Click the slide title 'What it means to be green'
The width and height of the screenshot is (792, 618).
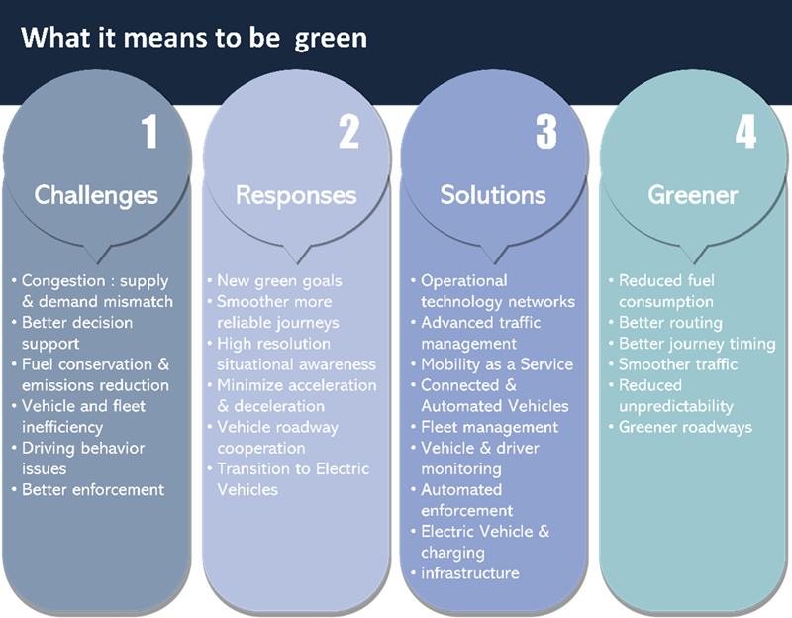[x=194, y=39]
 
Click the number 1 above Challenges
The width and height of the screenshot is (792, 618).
[x=149, y=132]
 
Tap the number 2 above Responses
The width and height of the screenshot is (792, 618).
[x=348, y=132]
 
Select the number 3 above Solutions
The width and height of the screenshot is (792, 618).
[x=546, y=132]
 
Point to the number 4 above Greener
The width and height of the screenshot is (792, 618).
[x=744, y=132]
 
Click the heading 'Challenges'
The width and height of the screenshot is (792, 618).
[x=96, y=194]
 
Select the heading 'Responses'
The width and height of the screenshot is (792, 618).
[x=296, y=194]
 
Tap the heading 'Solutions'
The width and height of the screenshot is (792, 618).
[x=493, y=194]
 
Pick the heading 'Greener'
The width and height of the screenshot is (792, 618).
[x=693, y=194]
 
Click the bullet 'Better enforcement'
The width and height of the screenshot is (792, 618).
[x=93, y=489]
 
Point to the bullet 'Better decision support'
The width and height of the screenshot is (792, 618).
[x=77, y=333]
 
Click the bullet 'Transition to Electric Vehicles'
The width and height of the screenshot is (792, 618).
[x=293, y=478]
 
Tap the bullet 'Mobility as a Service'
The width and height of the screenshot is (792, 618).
[x=497, y=363]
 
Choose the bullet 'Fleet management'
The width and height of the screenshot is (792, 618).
[x=490, y=427]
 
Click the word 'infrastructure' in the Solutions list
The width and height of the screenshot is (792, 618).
[x=470, y=573]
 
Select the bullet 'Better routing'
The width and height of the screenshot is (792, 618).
[x=670, y=322]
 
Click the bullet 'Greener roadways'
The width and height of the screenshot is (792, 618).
[x=685, y=427]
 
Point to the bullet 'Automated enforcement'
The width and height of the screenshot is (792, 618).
[x=467, y=500]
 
